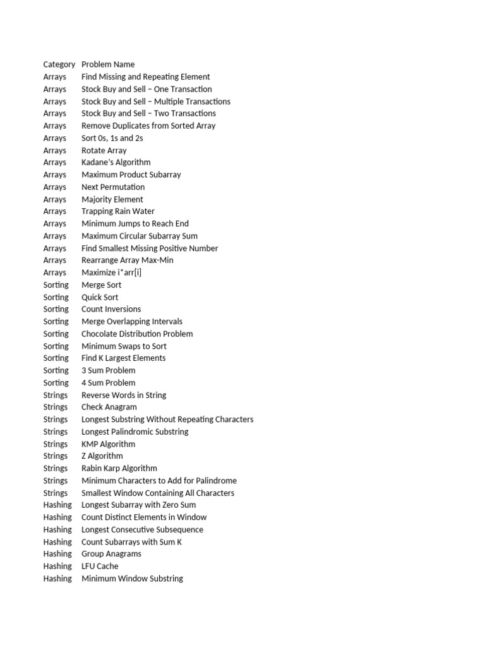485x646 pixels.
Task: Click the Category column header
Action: [59, 64]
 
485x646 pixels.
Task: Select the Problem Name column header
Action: [108, 64]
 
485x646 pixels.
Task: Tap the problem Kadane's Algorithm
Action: [116, 162]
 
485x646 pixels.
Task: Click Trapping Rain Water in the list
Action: [118, 211]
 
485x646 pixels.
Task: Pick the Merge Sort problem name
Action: [102, 285]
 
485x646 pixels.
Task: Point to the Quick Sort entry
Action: [100, 297]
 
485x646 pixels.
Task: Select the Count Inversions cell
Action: [111, 309]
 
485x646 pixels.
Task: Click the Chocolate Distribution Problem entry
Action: [137, 334]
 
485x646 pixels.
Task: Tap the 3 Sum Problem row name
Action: [109, 370]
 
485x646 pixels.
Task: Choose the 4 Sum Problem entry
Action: [109, 383]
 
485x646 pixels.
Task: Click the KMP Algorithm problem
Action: [109, 444]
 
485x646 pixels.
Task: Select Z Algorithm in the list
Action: [102, 456]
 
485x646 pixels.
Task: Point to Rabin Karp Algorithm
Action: [119, 468]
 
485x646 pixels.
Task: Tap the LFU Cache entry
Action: [100, 566]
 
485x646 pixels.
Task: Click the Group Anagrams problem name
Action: [111, 554]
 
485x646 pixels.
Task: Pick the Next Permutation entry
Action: [113, 187]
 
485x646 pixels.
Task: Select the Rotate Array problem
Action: [104, 150]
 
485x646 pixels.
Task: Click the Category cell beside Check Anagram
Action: [56, 407]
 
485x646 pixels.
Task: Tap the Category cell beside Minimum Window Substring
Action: [57, 578]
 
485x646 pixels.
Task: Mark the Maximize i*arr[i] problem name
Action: [112, 273]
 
